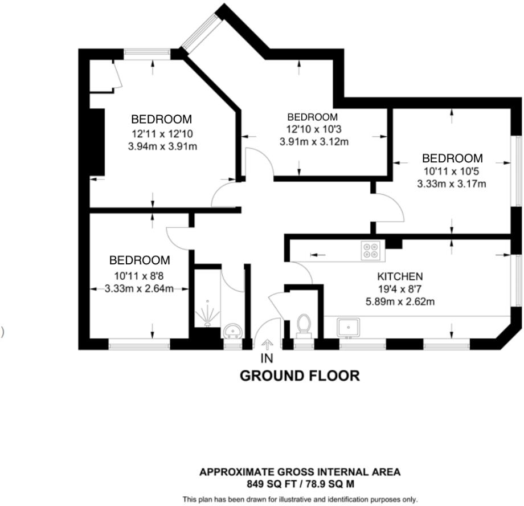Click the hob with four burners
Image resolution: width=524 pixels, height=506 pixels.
[371, 251]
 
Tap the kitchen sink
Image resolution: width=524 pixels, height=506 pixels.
[348, 327]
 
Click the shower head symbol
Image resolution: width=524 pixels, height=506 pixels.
[208, 314]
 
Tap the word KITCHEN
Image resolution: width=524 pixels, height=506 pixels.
[400, 276]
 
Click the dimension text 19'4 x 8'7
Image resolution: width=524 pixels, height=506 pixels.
[400, 289]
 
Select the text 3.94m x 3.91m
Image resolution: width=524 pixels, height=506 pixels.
[162, 146]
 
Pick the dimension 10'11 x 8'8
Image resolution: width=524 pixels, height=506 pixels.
[138, 276]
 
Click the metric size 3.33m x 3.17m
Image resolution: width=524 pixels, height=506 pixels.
[452, 184]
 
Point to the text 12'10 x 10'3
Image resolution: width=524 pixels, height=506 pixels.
[314, 129]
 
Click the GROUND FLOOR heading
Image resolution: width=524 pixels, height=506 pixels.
[300, 376]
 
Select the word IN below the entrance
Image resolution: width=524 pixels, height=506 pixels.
[267, 358]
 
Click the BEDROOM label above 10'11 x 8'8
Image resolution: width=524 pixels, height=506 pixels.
[140, 260]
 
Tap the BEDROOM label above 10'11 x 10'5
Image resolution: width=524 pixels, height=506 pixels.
[452, 158]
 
